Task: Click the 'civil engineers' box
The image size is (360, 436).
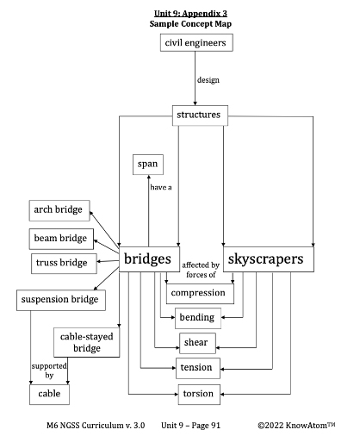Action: pos(196,43)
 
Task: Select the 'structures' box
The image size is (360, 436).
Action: pos(197,114)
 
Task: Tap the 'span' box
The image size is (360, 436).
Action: pos(149,164)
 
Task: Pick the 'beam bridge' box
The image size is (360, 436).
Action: pos(61,238)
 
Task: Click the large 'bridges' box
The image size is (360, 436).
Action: pos(150,259)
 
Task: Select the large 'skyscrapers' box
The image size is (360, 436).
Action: pos(268,259)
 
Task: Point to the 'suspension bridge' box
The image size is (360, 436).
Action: pos(60,301)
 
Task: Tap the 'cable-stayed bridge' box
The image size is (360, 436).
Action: pos(85,342)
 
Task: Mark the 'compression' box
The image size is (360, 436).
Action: pos(197,293)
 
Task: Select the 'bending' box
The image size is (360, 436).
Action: pos(196,318)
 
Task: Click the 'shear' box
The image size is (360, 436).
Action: pos(196,343)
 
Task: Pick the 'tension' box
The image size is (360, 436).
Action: pos(196,368)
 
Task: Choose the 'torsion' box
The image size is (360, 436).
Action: pos(196,394)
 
